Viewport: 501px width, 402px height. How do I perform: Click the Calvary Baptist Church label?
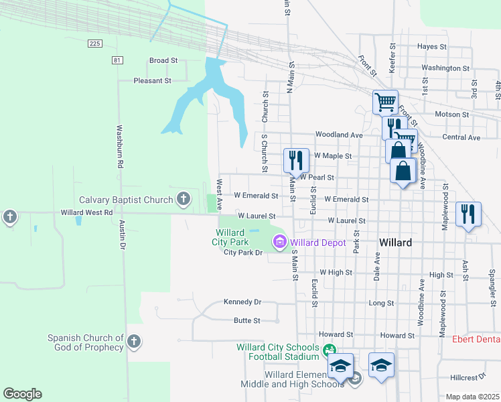[x=126, y=200]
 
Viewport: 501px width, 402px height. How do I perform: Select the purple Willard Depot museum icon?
[x=279, y=241]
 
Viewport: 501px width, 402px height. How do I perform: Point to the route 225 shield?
[x=94, y=44]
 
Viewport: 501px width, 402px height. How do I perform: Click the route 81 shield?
[x=118, y=60]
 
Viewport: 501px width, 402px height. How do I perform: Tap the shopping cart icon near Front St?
[x=386, y=103]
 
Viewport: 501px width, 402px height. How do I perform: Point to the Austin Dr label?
[x=122, y=235]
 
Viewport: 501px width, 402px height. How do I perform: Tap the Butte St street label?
[x=246, y=321]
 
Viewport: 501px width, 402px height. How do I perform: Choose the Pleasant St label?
[x=153, y=80]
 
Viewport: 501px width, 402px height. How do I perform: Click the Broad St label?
[x=163, y=60]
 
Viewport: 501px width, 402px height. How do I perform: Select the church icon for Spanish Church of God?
[x=134, y=342]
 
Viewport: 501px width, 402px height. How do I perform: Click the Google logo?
[x=22, y=394]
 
